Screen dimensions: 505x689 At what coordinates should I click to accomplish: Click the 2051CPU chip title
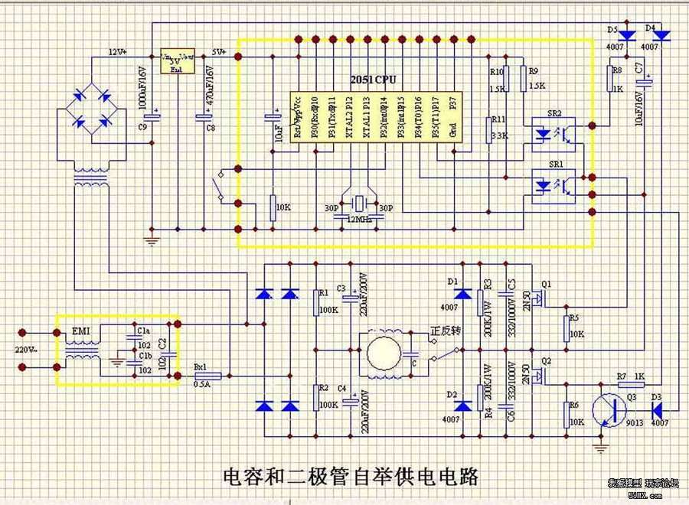(x=374, y=80)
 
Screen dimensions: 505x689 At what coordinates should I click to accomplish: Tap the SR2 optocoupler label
(x=555, y=114)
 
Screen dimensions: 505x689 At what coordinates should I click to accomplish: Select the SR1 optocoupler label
(x=555, y=164)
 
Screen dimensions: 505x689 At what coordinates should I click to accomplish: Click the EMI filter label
(x=80, y=331)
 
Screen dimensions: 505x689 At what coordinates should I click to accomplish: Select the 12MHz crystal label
(x=359, y=220)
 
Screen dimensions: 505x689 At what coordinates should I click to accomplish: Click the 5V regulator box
(x=178, y=61)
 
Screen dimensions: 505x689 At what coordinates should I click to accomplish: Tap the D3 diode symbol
(x=657, y=410)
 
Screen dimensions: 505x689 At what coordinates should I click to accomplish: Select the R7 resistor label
(x=622, y=376)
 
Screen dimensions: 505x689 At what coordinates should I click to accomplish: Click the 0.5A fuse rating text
(x=202, y=384)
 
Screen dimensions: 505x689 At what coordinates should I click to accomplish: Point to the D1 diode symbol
(x=461, y=294)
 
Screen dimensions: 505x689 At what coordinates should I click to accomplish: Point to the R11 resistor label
(x=498, y=120)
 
